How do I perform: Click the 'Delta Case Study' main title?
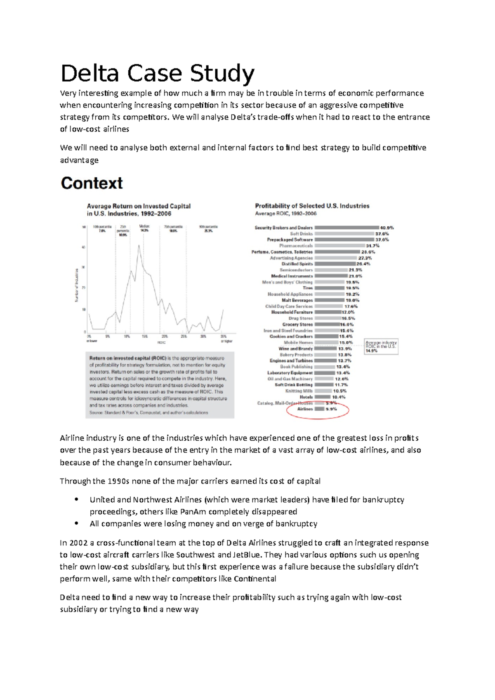[157, 74]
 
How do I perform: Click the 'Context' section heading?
[92, 183]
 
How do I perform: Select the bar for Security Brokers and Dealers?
[346, 228]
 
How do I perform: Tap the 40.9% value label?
[387, 228]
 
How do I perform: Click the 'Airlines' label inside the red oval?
[305, 409]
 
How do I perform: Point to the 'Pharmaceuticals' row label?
[296, 246]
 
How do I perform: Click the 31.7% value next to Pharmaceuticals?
[372, 246]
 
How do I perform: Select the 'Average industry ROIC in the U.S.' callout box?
[381, 346]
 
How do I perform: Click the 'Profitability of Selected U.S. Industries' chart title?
[312, 206]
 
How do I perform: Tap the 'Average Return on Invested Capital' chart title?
[139, 206]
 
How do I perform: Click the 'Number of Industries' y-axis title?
[77, 285]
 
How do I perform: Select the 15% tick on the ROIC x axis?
[144, 336]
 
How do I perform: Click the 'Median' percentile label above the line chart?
[144, 226]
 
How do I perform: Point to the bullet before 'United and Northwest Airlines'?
[76, 500]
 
